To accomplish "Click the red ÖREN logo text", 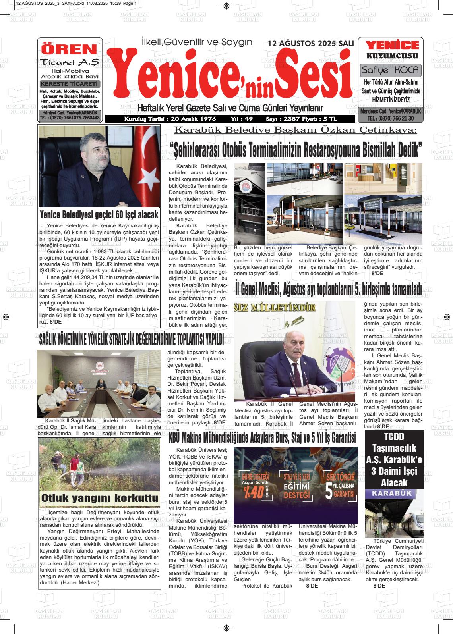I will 70,49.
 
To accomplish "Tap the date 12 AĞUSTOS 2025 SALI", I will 311,43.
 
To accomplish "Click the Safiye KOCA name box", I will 390,70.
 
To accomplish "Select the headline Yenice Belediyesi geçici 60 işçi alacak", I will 99,215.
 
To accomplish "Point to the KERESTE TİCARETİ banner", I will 70,84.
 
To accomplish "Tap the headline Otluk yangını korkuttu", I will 99,498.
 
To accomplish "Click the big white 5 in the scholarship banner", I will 329,491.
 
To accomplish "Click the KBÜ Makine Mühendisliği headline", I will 262,438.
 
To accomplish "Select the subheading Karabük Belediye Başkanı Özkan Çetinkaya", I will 296,130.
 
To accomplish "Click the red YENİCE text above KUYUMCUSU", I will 392,45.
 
